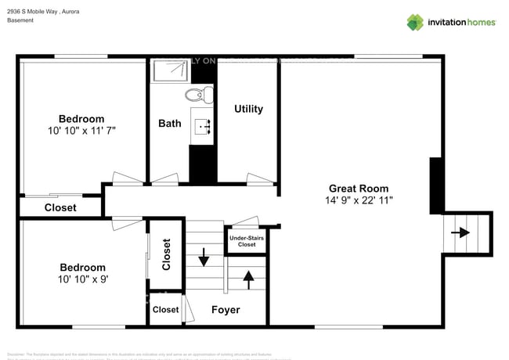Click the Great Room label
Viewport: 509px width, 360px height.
coord(358,189)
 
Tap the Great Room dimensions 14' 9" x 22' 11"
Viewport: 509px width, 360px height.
coord(358,200)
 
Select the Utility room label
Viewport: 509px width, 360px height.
coord(248,109)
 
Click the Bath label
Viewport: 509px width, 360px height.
coord(169,123)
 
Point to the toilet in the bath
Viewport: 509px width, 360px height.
coord(194,95)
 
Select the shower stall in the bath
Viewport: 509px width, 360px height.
coord(170,71)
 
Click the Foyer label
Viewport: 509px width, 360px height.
coord(226,310)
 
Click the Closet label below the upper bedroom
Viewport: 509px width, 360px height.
coord(60,207)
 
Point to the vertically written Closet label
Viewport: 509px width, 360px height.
coord(166,254)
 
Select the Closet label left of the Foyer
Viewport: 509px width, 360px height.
coord(165,310)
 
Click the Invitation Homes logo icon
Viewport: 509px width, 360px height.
coord(414,22)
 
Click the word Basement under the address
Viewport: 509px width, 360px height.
coord(20,21)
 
